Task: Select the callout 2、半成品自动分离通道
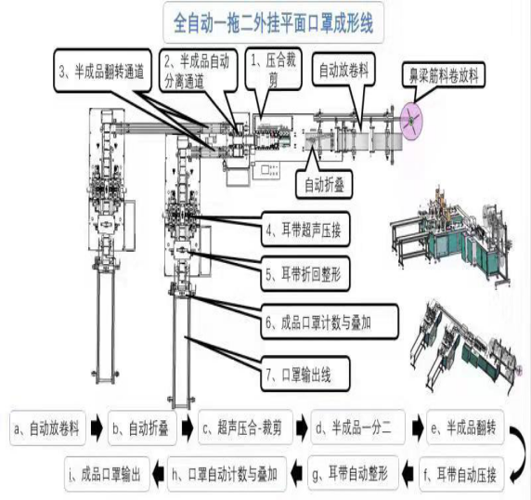[x=201, y=72]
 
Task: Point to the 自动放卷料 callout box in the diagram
[x=350, y=69]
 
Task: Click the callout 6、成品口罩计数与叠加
[x=330, y=322]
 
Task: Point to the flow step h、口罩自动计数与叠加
[x=227, y=475]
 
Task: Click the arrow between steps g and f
[x=410, y=475]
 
